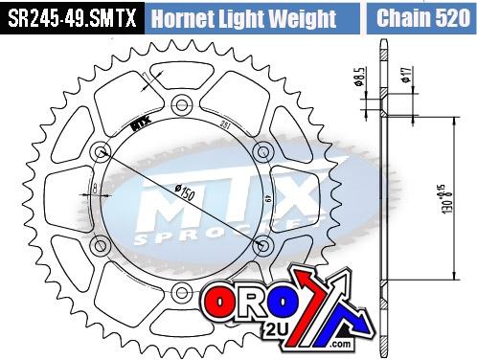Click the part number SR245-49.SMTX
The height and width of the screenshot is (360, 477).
(x=72, y=17)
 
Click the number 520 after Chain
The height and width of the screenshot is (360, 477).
(x=443, y=17)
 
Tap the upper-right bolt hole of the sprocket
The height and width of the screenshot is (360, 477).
(x=260, y=149)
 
